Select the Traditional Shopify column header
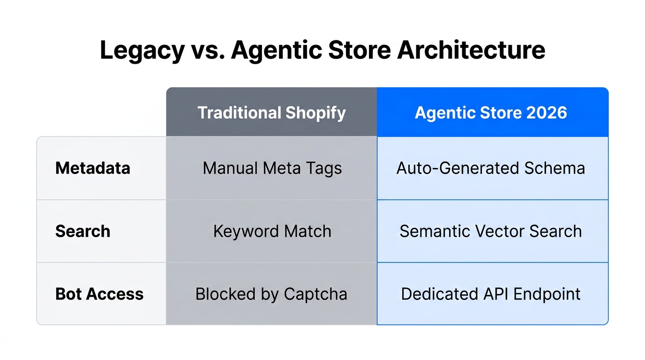[x=271, y=112]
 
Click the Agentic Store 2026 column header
[x=491, y=112]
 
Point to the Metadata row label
[x=93, y=168]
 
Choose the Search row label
[x=83, y=231]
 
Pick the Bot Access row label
[x=99, y=294]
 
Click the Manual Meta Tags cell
[x=272, y=168]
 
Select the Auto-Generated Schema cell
[x=491, y=168]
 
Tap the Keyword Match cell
[x=272, y=231]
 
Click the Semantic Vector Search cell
[x=491, y=231]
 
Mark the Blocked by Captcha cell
[x=271, y=294]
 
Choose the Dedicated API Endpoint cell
[x=491, y=294]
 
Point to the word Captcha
[x=315, y=294]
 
